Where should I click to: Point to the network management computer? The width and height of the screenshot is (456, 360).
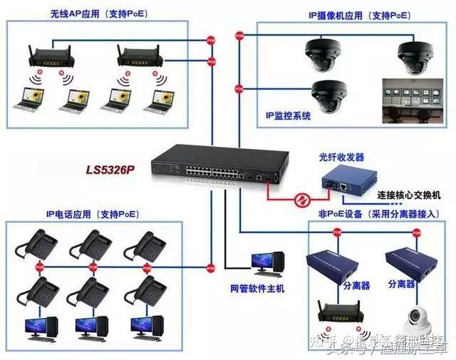click(x=269, y=265)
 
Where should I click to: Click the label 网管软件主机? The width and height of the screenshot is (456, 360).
click(x=257, y=288)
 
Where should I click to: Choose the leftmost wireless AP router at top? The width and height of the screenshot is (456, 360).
click(x=52, y=56)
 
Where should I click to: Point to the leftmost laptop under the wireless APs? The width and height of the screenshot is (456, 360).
click(x=33, y=100)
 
